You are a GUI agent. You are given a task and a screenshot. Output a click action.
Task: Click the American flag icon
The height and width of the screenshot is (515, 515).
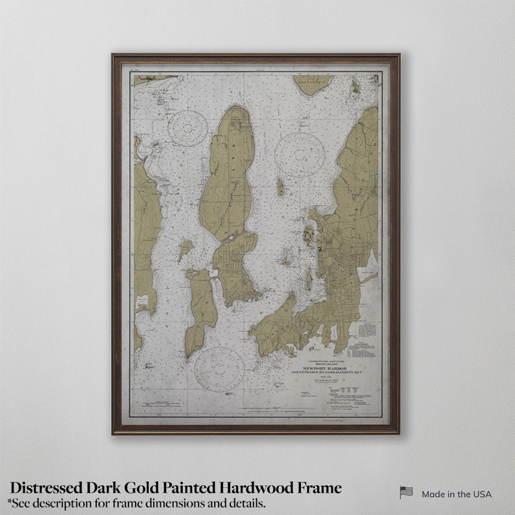pos(406,493)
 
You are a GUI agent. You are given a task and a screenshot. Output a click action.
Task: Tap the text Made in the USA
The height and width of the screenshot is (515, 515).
pos(457,494)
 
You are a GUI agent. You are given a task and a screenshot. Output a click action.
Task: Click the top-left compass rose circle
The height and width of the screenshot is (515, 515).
pos(188,128)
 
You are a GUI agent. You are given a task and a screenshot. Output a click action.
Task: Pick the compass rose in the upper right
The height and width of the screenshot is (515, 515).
pos(299,155)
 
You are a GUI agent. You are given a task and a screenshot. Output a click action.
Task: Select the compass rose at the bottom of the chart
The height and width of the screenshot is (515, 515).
pos(219,368)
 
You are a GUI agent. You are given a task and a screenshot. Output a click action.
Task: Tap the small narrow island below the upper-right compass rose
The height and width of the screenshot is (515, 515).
pos(280,187)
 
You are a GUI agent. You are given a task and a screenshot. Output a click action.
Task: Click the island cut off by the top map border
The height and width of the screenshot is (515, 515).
pos(311,82)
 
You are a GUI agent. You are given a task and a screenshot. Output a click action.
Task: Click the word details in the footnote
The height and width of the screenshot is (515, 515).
pos(248,503)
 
